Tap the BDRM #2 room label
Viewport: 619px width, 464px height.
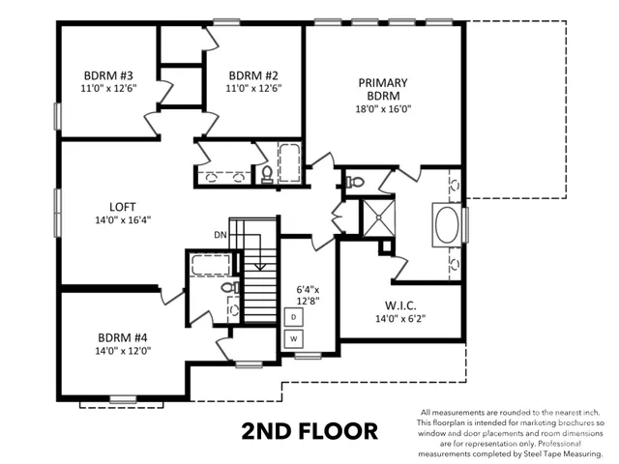pyautogui.click(x=253, y=75)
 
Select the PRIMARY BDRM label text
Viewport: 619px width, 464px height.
pyautogui.click(x=382, y=89)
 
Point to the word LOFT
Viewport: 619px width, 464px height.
pyautogui.click(x=122, y=206)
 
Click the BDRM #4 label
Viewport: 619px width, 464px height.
pyautogui.click(x=122, y=337)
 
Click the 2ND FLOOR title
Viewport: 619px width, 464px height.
pyautogui.click(x=309, y=430)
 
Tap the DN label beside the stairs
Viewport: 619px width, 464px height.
pyautogui.click(x=221, y=234)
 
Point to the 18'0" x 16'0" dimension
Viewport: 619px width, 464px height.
pyautogui.click(x=382, y=109)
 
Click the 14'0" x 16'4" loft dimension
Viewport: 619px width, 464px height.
pyautogui.click(x=122, y=219)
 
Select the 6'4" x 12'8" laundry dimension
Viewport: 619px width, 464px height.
pyautogui.click(x=308, y=294)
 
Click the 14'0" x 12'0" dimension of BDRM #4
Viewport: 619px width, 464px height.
pyautogui.click(x=122, y=351)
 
